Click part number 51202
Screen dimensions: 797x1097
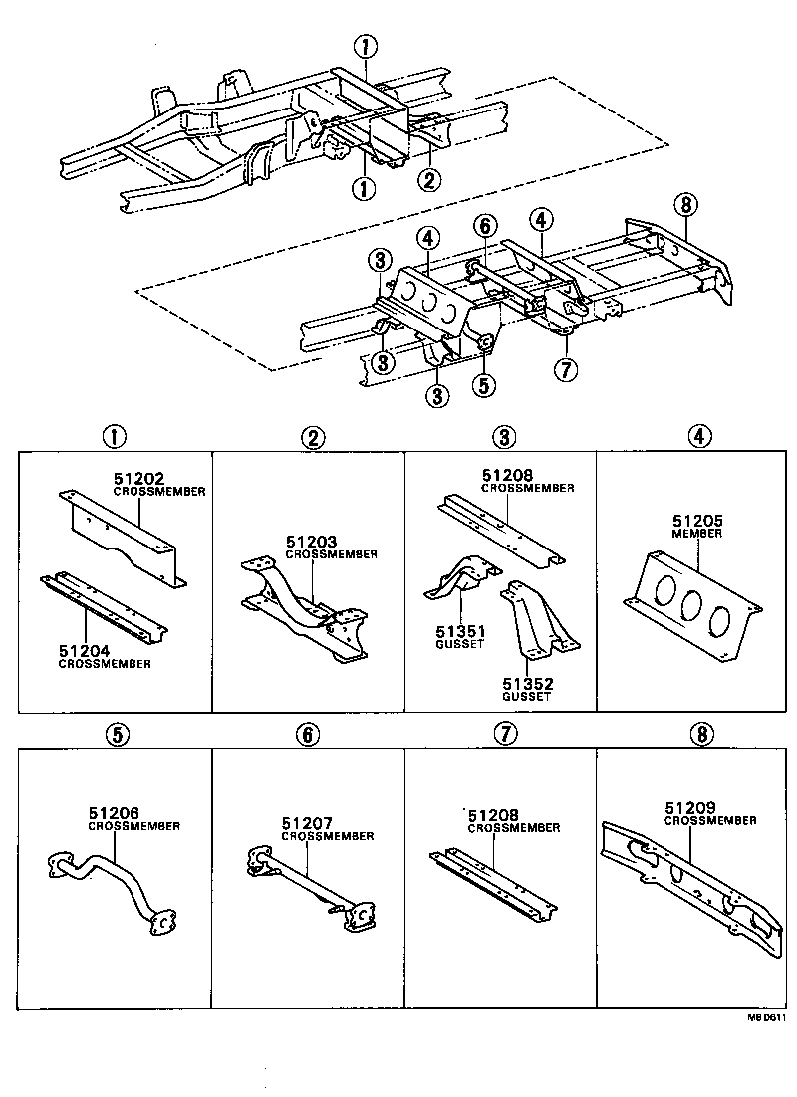[139, 479]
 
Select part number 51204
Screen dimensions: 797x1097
[84, 651]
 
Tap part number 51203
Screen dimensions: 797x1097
[311, 542]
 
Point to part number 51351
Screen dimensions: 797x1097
[461, 632]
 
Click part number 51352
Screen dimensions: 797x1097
[528, 684]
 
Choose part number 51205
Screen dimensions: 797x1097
[697, 521]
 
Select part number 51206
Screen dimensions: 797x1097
[114, 813]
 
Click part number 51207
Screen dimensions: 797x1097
[307, 824]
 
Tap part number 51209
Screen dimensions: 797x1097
[690, 808]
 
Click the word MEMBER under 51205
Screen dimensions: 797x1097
[696, 534]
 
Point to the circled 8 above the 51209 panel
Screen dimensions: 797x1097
[702, 734]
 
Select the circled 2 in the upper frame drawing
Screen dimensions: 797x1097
[429, 180]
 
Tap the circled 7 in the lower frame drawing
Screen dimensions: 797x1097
[565, 369]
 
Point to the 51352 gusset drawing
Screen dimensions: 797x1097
[538, 618]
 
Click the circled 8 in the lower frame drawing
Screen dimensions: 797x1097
[685, 204]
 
